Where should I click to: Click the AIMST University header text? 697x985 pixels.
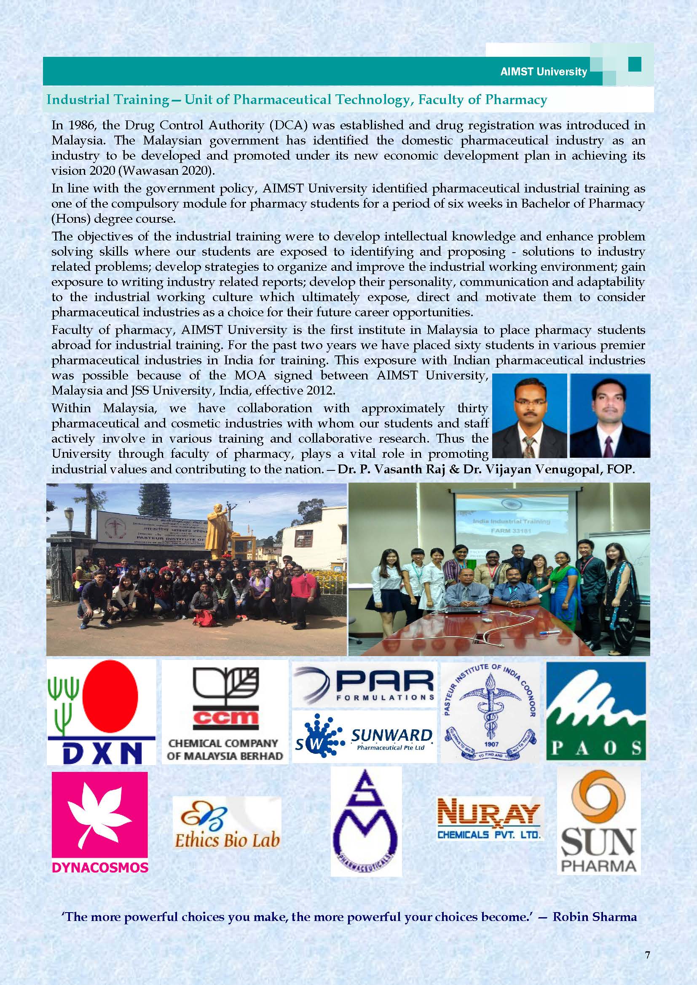[x=543, y=72]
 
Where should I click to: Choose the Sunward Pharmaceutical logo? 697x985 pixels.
[x=364, y=736]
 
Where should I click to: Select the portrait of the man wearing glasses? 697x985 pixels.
[x=530, y=415]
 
